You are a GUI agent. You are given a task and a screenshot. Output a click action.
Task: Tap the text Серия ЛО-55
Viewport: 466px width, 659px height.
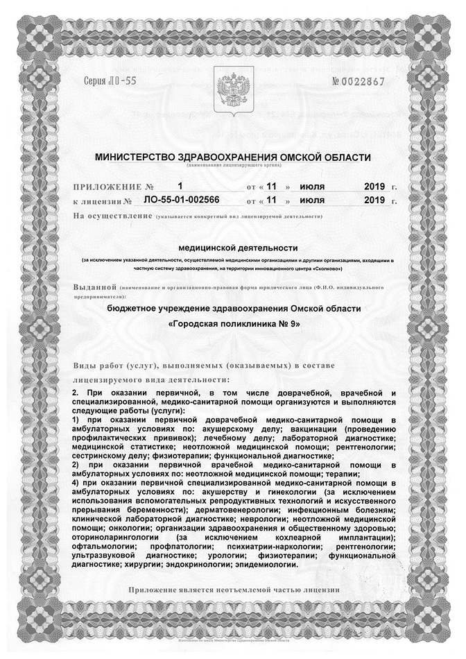click(110, 81)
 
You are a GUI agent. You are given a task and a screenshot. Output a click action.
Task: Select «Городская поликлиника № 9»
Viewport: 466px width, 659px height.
click(234, 324)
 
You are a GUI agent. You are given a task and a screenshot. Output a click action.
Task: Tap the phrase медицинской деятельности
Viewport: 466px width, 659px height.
click(238, 247)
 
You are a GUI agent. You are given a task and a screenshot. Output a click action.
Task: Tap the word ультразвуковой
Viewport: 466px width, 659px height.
click(105, 556)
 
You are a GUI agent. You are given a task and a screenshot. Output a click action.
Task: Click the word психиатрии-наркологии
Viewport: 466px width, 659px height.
click(282, 547)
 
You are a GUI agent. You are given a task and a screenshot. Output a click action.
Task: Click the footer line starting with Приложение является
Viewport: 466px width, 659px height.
click(234, 590)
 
